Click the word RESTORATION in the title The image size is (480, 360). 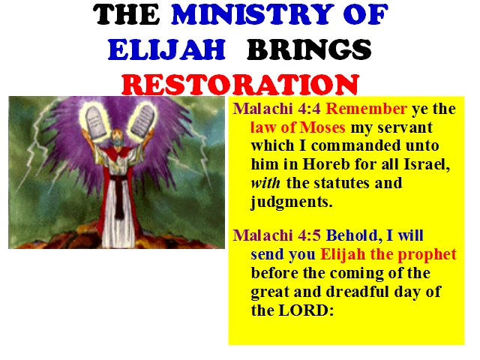[x=240, y=85]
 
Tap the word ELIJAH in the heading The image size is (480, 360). [x=166, y=49]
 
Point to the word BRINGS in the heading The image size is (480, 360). [x=309, y=49]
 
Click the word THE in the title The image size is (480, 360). [x=127, y=14]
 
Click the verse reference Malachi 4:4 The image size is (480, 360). [x=277, y=109]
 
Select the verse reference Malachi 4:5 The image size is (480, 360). [x=277, y=235]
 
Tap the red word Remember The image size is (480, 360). [x=367, y=109]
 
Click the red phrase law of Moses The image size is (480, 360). [x=298, y=127]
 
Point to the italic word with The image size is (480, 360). [x=265, y=183]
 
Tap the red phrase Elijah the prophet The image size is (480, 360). [x=388, y=255]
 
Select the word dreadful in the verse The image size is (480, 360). [x=358, y=292]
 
